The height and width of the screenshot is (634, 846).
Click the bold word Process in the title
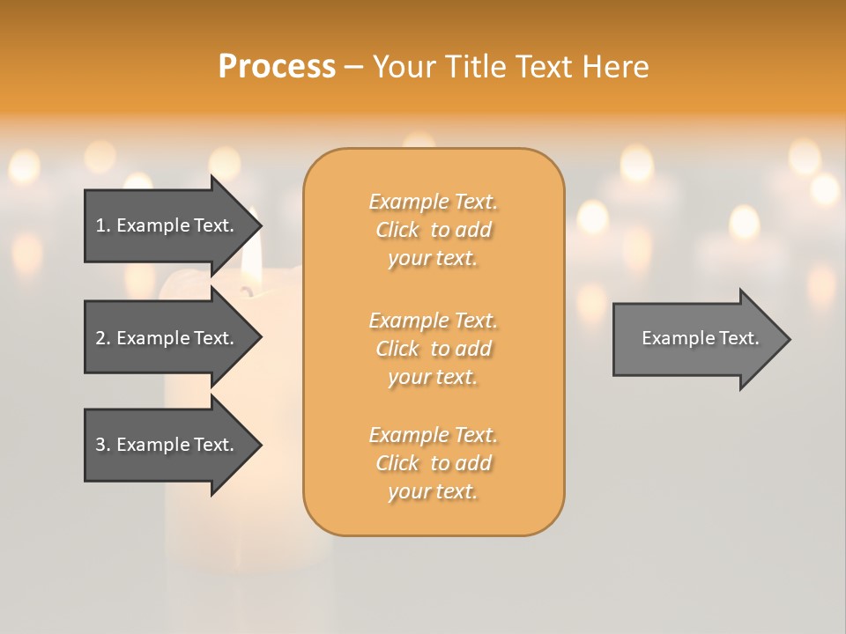point(277,67)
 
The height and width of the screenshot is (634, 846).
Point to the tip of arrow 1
point(260,225)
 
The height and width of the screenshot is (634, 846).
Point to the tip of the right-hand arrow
point(789,339)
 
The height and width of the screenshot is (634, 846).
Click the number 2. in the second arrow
point(103,338)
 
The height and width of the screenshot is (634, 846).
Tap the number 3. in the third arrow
point(103,445)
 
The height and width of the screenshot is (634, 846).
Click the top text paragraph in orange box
point(433,230)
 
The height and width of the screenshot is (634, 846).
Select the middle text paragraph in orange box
point(433,349)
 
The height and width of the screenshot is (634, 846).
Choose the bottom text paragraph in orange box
point(433,463)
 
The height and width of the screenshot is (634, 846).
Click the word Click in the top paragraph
point(397,230)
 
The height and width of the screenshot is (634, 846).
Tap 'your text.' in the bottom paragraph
point(433,491)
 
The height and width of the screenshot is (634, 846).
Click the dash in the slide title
point(354,67)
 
